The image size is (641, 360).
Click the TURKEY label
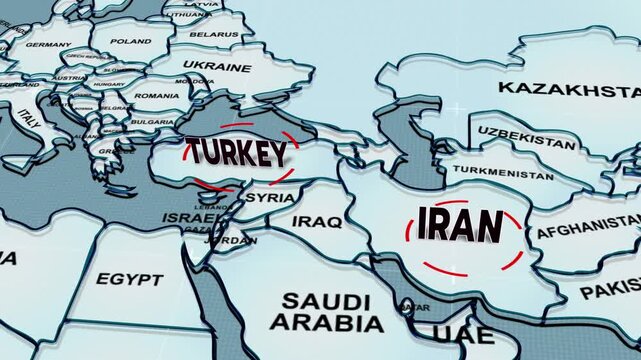(238, 152)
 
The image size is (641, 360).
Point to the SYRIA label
(270, 197)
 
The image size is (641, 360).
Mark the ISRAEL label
(190, 217)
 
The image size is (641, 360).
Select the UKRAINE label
(218, 68)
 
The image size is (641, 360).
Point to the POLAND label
(130, 41)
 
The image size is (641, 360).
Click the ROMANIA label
(157, 95)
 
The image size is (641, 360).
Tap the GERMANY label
(48, 45)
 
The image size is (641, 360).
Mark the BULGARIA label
(152, 121)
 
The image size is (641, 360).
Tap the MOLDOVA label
(193, 80)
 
